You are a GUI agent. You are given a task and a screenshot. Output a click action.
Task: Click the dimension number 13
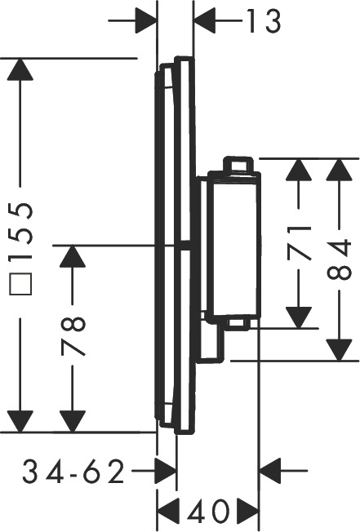click(264, 21)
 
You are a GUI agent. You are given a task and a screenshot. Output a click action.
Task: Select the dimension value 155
click(20, 232)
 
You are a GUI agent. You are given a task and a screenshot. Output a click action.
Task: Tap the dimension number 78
click(73, 336)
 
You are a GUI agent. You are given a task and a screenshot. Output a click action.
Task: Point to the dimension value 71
click(299, 242)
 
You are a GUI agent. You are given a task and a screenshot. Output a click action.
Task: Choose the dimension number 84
click(339, 259)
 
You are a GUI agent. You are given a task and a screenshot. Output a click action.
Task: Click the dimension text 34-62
click(73, 472)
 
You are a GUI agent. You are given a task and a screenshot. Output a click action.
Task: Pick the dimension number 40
click(208, 511)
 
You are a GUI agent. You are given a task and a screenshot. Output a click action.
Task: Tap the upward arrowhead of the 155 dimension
click(20, 69)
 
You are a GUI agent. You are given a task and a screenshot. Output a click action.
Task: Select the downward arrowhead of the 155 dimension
click(20, 421)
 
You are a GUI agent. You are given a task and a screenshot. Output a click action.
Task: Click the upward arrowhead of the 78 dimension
click(73, 256)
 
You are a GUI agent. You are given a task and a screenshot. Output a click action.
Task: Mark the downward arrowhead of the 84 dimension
click(339, 350)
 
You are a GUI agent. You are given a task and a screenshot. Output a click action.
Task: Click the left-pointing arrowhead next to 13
click(204, 21)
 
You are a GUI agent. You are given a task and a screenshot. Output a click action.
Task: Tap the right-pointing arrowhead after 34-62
click(166, 471)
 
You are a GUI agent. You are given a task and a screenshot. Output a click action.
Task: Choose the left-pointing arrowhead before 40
click(168, 511)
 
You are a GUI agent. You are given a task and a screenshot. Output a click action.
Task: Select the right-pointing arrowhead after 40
click(248, 511)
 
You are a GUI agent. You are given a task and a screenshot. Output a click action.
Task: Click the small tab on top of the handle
click(238, 166)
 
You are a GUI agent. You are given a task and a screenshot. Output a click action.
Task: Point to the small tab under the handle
click(238, 323)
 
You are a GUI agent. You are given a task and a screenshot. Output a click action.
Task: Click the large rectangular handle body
click(234, 245)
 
